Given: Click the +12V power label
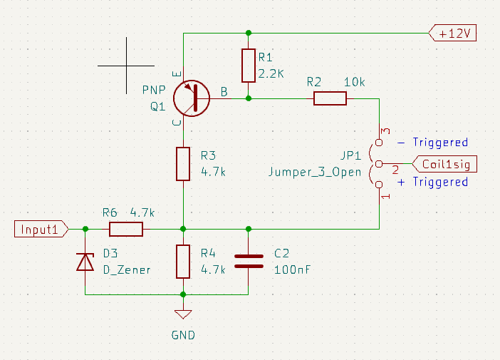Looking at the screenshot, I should click(453, 33).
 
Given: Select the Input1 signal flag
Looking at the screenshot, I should click(41, 229).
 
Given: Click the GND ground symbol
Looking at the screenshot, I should click(183, 314).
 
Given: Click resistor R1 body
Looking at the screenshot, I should click(248, 66).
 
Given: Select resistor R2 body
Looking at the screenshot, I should click(330, 98).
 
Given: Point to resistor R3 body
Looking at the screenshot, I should click(183, 163).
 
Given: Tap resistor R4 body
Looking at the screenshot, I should click(183, 262).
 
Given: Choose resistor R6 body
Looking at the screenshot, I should click(126, 229).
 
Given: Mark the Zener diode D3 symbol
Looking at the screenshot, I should click(85, 262).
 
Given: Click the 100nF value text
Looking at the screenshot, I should click(292, 269).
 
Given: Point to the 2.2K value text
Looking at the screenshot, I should click(271, 73).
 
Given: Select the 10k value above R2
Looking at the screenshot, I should click(354, 82).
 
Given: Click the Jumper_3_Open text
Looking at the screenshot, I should click(315, 172).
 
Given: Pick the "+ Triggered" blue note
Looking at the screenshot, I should click(432, 182).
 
